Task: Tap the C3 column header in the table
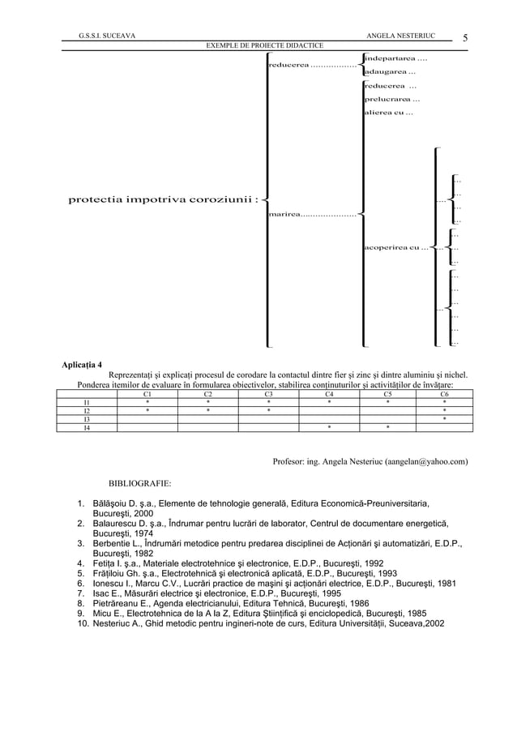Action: pyautogui.click(x=268, y=393)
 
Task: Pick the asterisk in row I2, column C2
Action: pyautogui.click(x=207, y=410)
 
